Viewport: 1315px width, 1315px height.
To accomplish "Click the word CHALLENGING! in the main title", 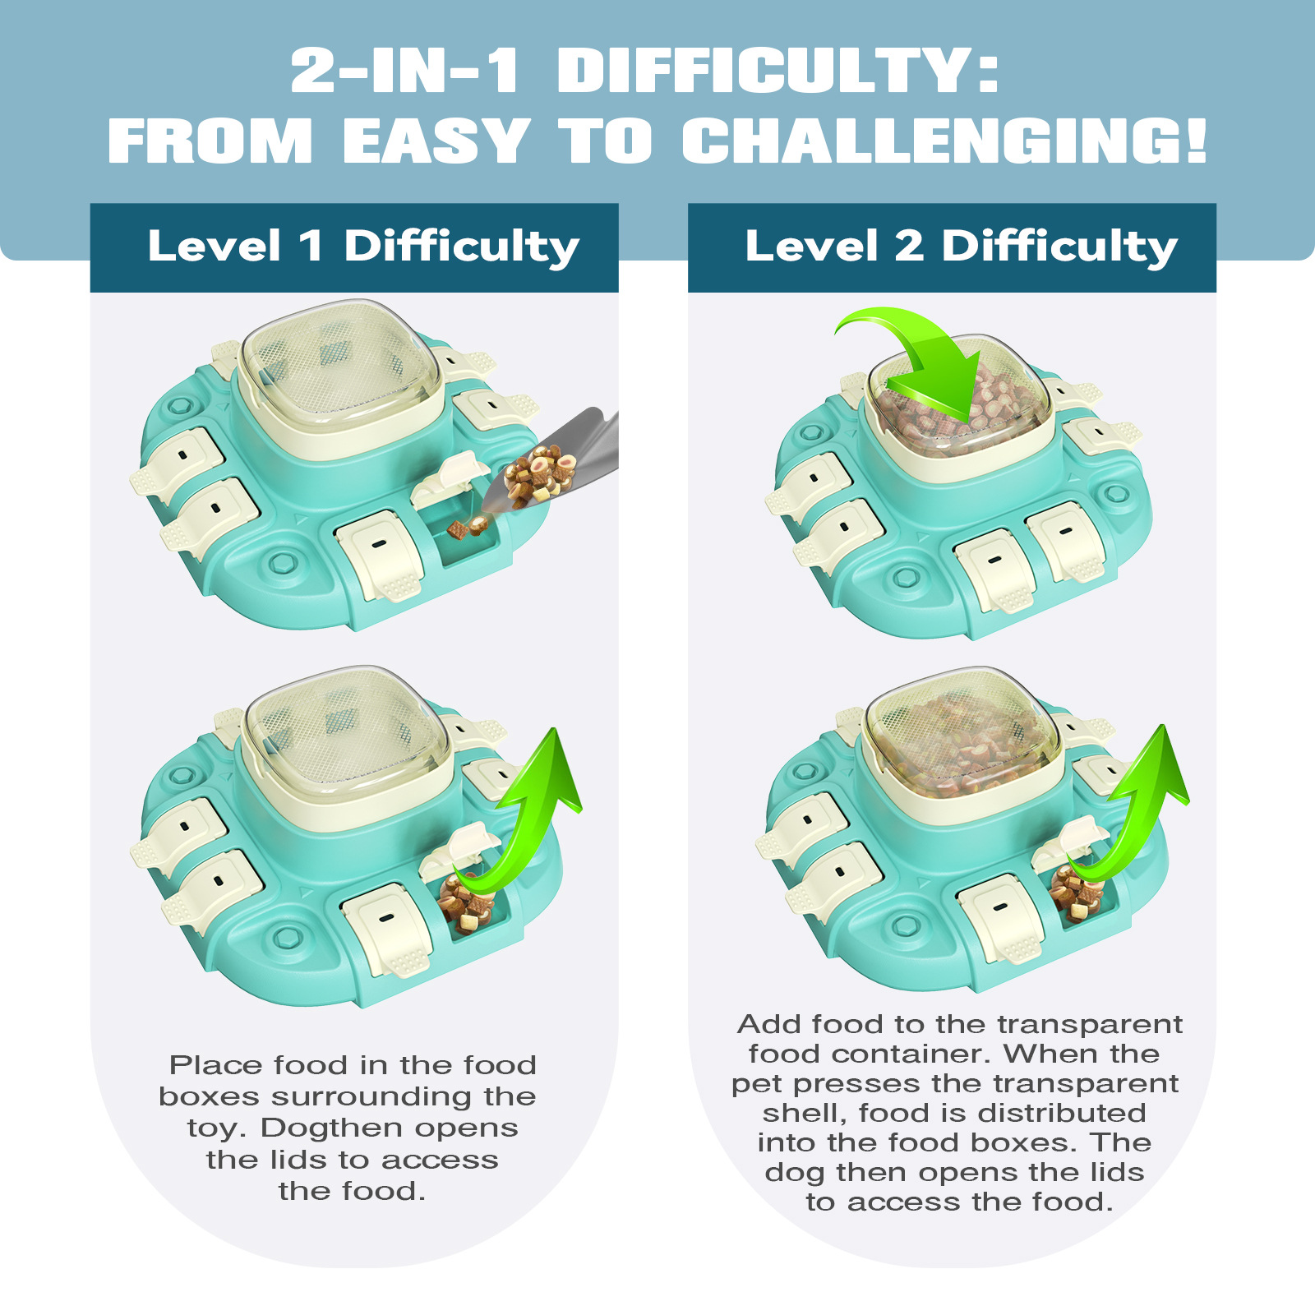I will pos(944,141).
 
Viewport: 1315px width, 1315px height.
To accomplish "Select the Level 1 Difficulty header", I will pos(362,247).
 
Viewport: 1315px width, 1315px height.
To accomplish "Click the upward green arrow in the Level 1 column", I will pos(534,814).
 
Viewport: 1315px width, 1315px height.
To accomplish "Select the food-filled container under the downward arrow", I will pos(957,411).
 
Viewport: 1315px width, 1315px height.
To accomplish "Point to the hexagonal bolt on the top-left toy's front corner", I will pos(282,563).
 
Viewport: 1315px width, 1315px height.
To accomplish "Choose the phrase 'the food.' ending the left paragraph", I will pos(352,1192).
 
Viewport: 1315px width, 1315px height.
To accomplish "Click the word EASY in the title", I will pos(436,141).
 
